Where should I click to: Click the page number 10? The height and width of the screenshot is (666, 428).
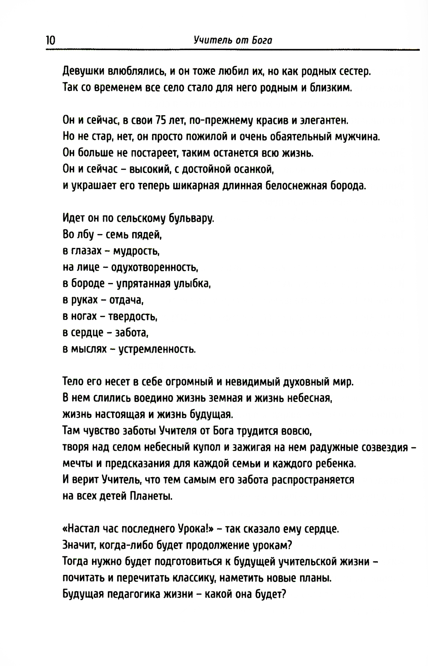[x=50, y=41]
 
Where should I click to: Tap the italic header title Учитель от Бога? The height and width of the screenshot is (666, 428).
[x=233, y=41]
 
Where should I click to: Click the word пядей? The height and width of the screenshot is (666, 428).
[x=148, y=235]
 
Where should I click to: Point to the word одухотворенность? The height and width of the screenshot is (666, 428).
[x=154, y=268]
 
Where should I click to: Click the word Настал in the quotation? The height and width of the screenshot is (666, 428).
[x=83, y=529]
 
